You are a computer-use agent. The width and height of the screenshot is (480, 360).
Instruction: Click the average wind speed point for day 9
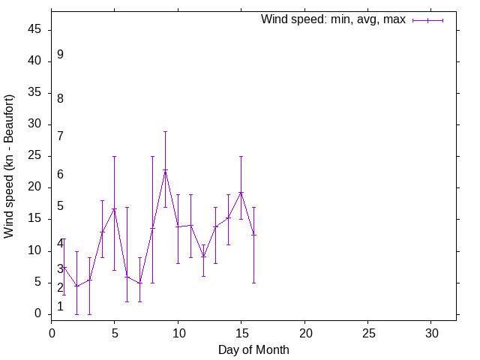coord(165,170)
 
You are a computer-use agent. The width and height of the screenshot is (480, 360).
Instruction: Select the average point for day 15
coord(241,192)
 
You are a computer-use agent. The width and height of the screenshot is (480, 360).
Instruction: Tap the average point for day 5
coord(115,208)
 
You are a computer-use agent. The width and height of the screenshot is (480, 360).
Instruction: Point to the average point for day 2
coord(76,286)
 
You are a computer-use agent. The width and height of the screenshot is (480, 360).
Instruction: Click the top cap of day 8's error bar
coord(152,156)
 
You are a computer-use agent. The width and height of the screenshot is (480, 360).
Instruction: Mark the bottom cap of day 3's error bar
coord(89,314)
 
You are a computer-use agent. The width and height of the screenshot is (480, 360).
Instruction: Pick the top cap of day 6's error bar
coord(127,207)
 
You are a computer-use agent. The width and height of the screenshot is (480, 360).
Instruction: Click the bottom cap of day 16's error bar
coord(253,283)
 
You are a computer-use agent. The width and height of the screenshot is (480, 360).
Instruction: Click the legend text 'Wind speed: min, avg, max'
coord(333,19)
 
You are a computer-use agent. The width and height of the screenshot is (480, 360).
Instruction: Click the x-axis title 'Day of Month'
coord(253,349)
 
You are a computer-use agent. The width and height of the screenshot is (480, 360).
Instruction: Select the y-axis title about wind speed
coord(10,166)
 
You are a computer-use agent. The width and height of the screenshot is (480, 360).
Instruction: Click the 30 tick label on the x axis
coord(431,332)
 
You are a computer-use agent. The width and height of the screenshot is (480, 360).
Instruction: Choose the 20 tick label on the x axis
coord(304,332)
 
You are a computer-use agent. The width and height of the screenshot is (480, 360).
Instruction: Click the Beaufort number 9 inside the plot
coord(60,55)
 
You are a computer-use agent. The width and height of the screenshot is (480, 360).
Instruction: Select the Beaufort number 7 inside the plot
coord(60,136)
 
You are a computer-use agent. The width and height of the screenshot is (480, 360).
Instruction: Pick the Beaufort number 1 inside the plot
coord(60,306)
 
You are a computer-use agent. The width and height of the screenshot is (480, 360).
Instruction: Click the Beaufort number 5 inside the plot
coord(60,206)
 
